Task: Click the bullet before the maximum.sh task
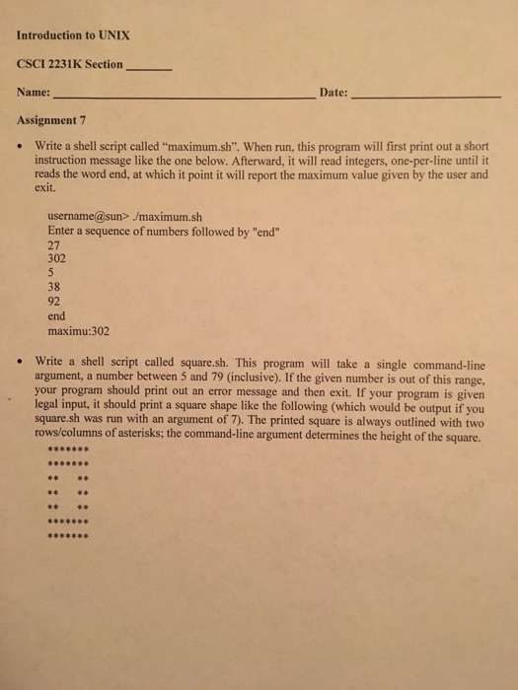[x=20, y=144]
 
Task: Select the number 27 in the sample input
[x=54, y=246]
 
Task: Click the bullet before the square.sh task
[x=20, y=362]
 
